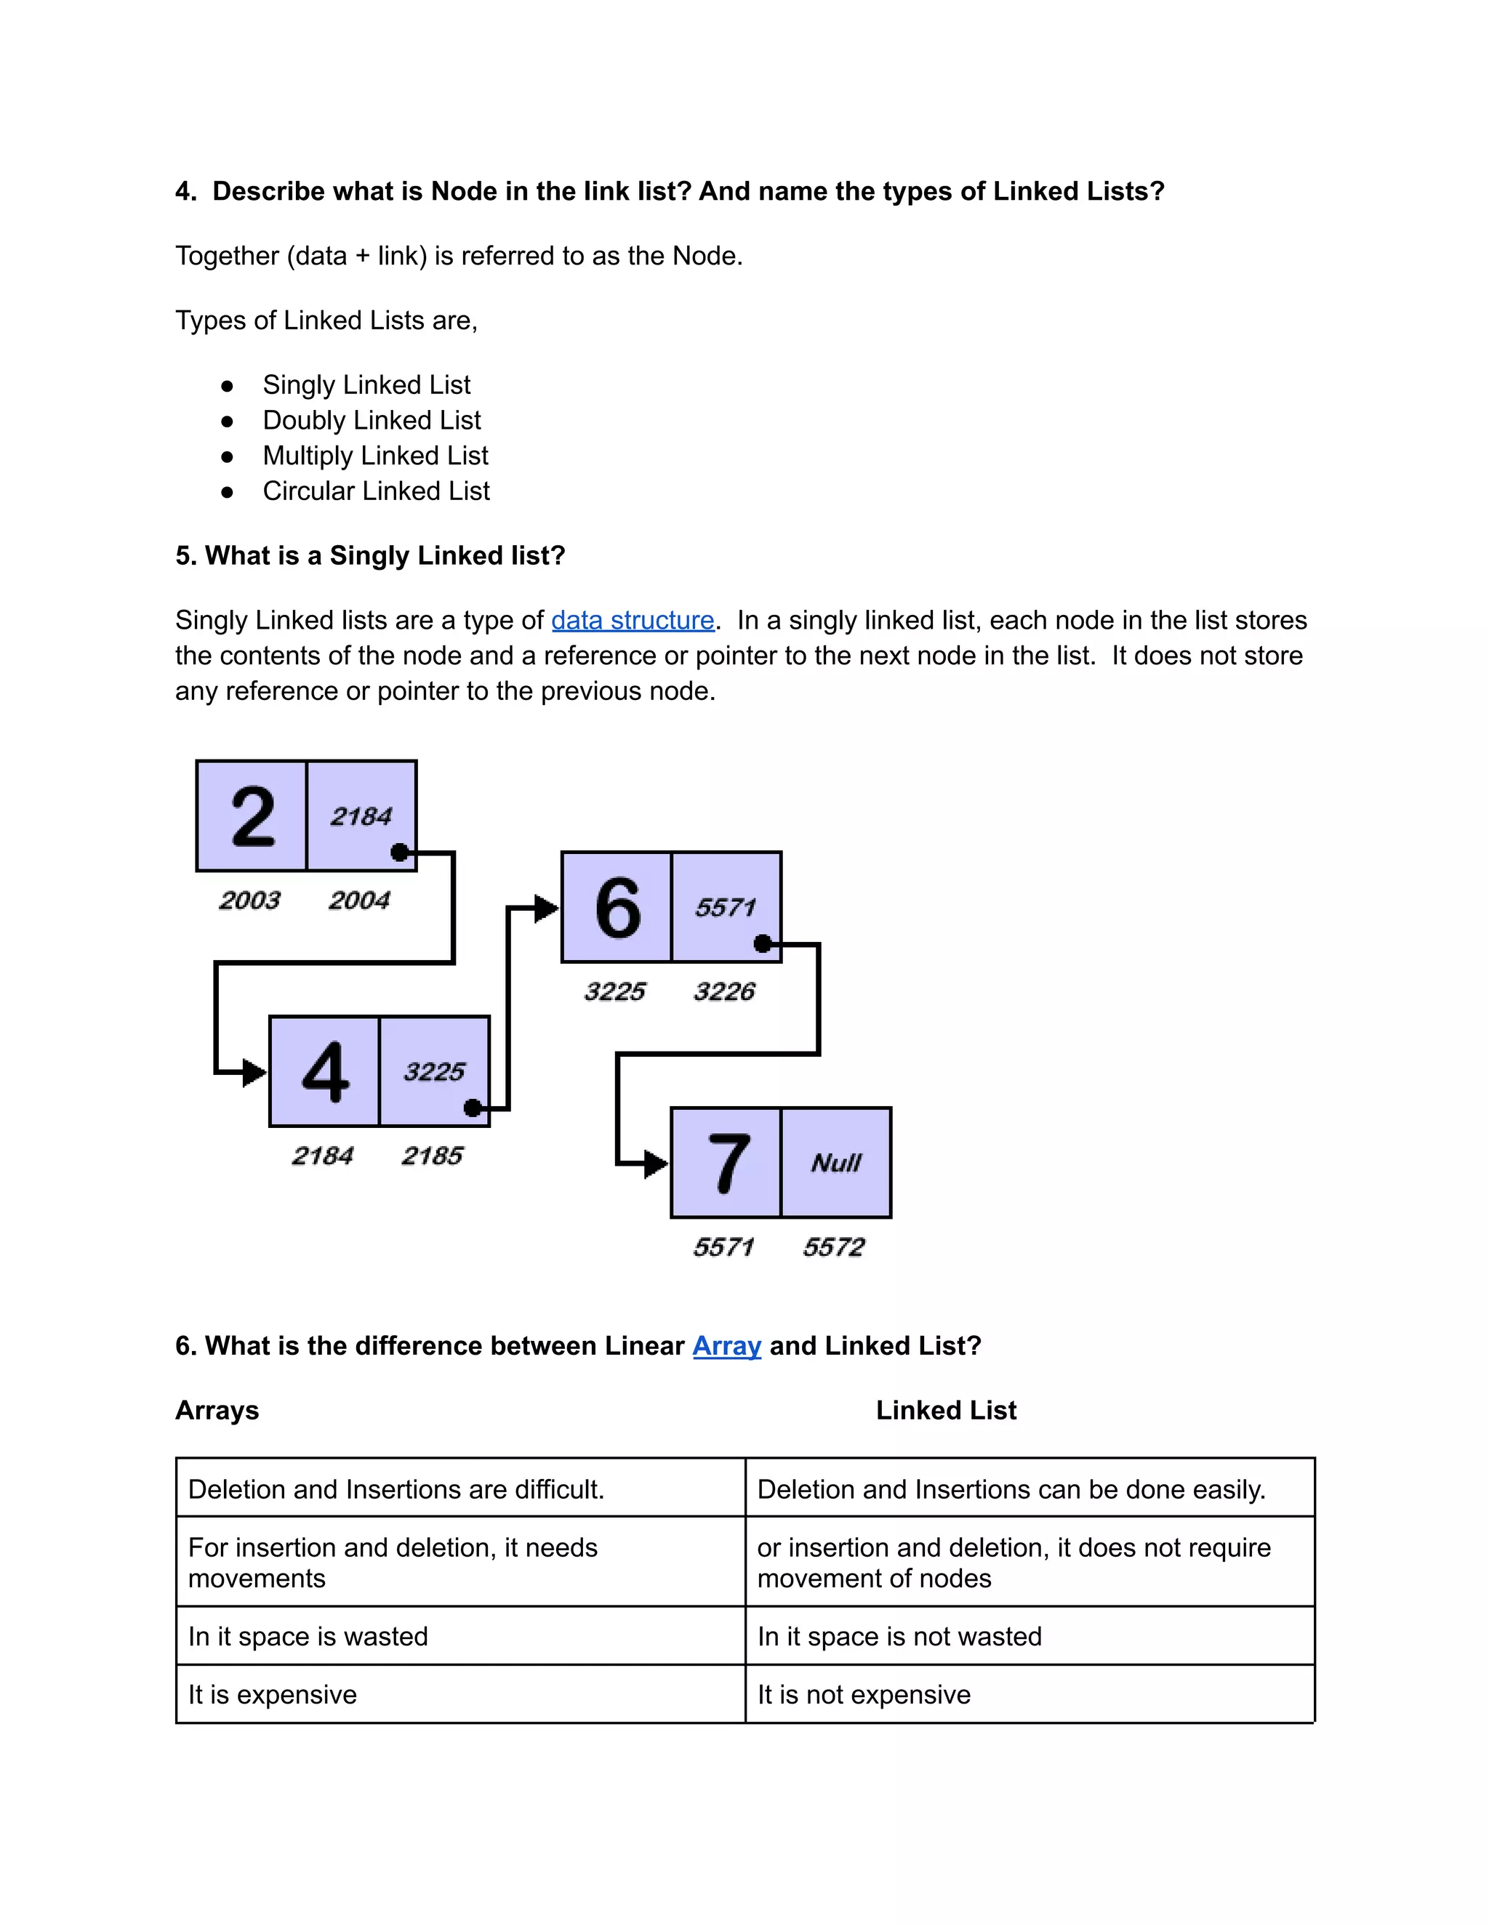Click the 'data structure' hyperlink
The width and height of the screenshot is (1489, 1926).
tap(633, 621)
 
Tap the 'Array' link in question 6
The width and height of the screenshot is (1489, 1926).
tap(726, 1346)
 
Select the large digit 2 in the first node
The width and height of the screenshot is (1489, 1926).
tap(252, 817)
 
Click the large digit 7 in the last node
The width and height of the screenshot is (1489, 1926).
tap(728, 1163)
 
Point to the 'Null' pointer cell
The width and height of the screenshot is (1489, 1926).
tap(836, 1163)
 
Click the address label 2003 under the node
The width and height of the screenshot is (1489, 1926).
tap(249, 900)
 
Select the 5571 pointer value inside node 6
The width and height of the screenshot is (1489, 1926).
tap(725, 908)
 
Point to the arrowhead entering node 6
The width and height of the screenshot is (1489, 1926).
tap(546, 908)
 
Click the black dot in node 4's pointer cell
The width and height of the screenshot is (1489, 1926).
tap(473, 1108)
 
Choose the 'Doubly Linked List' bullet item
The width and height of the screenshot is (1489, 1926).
tap(372, 421)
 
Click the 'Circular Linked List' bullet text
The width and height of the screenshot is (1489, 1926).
tap(376, 491)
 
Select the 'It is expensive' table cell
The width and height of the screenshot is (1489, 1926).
tap(273, 1695)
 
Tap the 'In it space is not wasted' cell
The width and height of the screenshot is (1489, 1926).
tap(899, 1637)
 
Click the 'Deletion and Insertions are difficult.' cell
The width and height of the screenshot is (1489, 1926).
tap(396, 1489)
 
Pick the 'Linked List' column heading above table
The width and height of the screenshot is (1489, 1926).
tap(946, 1410)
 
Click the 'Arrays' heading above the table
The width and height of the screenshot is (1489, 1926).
tap(217, 1410)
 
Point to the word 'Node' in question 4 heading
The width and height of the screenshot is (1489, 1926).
tap(464, 191)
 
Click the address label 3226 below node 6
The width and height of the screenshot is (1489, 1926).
tap(724, 991)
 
